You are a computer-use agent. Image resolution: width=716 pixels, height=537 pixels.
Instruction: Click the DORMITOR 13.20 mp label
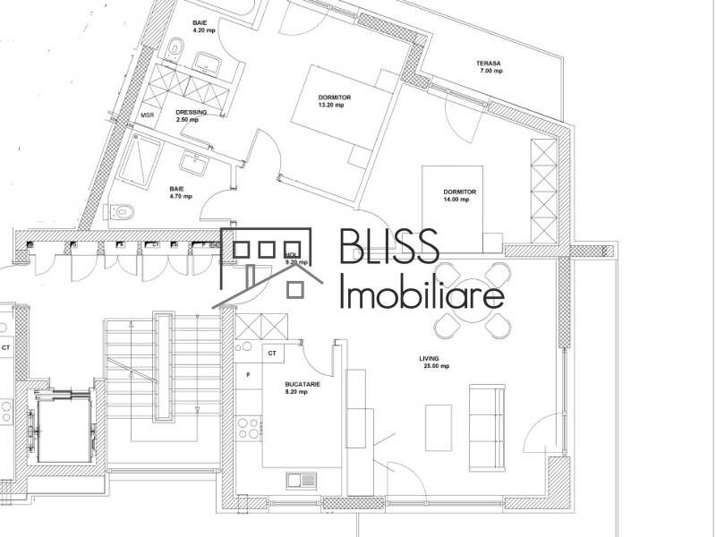click(x=334, y=100)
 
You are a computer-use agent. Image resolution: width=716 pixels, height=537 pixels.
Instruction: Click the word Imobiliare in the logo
click(x=422, y=292)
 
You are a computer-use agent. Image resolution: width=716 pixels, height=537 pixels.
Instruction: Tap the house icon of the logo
click(x=268, y=263)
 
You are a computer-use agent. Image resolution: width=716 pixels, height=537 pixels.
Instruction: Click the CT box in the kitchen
click(x=272, y=354)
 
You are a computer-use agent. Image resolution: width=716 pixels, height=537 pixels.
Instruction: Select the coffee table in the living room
click(x=439, y=428)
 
